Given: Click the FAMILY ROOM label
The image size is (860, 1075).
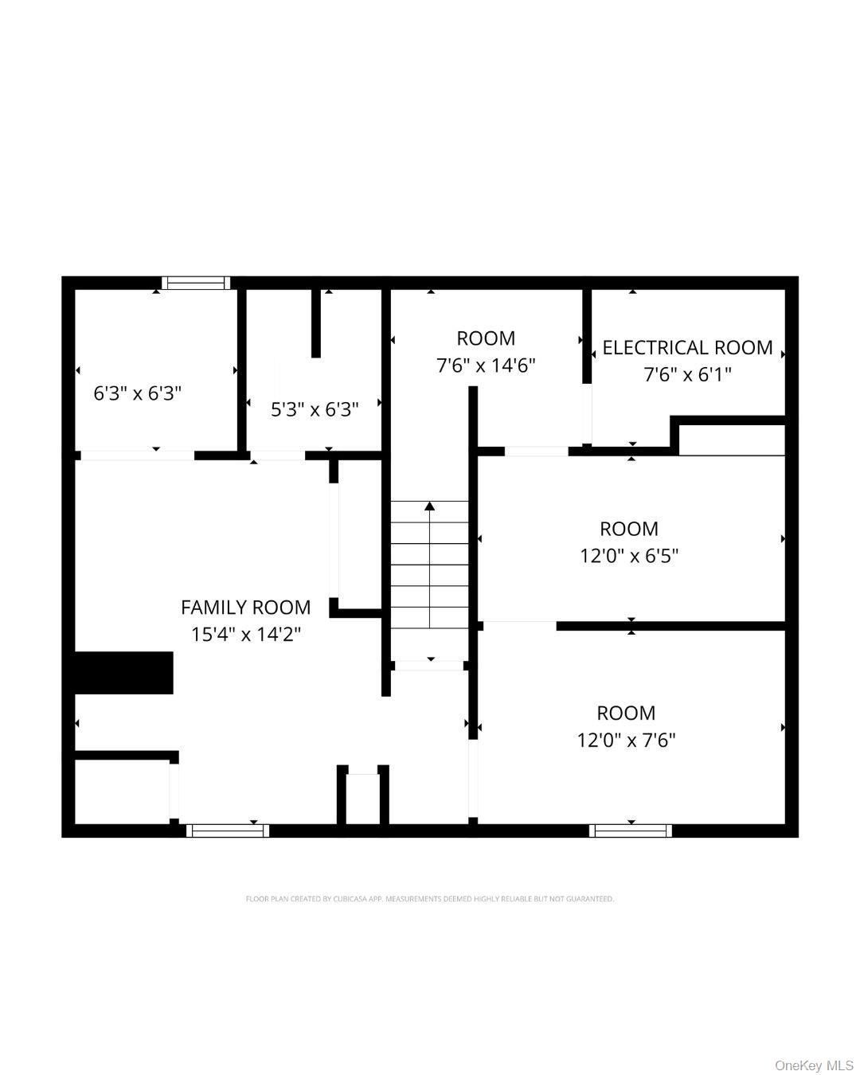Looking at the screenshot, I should click(x=245, y=608).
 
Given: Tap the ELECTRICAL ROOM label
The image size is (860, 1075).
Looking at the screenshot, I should click(x=687, y=348).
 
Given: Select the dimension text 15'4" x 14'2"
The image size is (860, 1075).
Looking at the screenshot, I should click(x=245, y=635).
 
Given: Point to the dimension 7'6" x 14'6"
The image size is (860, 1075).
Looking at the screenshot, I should click(x=486, y=365).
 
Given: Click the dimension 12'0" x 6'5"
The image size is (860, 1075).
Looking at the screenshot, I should click(x=629, y=555).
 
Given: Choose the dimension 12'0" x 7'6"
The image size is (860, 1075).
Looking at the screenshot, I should click(x=626, y=741).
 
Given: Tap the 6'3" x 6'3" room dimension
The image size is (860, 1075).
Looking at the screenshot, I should click(x=138, y=393).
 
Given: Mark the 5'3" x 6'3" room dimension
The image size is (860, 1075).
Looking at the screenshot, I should click(x=315, y=410).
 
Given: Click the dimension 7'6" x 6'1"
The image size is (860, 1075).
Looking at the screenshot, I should click(x=687, y=374).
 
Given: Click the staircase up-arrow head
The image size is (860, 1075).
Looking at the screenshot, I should click(x=430, y=506).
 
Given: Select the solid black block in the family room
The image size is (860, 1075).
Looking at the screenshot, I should click(x=124, y=673).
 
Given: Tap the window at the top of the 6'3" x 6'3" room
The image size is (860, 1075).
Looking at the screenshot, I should click(x=196, y=283).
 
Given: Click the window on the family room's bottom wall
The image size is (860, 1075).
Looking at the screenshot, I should click(x=228, y=831).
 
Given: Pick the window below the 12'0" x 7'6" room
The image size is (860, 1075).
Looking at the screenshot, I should click(x=631, y=831).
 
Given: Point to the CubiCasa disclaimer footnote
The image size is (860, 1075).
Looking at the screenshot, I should click(x=430, y=899).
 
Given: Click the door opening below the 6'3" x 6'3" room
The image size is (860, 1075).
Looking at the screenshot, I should click(x=137, y=455).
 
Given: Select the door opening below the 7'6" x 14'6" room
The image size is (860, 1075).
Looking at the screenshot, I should click(x=536, y=451).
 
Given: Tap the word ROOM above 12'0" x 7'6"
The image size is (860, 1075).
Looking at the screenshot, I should click(x=626, y=713).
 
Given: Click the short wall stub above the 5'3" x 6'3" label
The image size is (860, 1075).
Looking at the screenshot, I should click(x=316, y=323).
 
